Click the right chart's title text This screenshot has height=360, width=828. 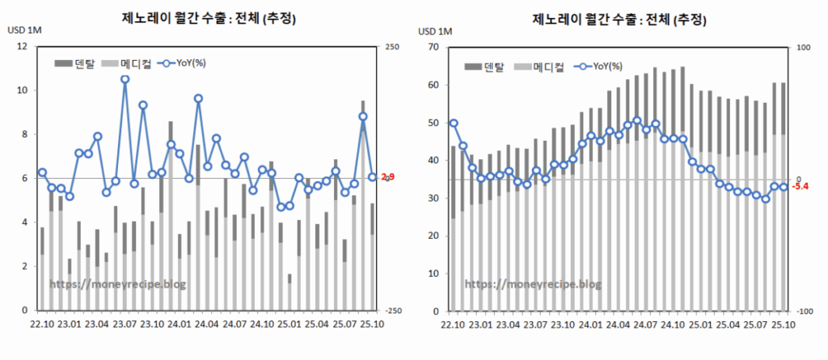[615, 18]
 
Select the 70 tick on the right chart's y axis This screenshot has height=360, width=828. [433, 48]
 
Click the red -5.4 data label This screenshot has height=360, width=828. [801, 187]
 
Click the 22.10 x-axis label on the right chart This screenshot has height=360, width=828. [454, 325]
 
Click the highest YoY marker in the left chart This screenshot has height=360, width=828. [125, 79]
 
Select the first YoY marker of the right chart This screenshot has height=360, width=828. [454, 124]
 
